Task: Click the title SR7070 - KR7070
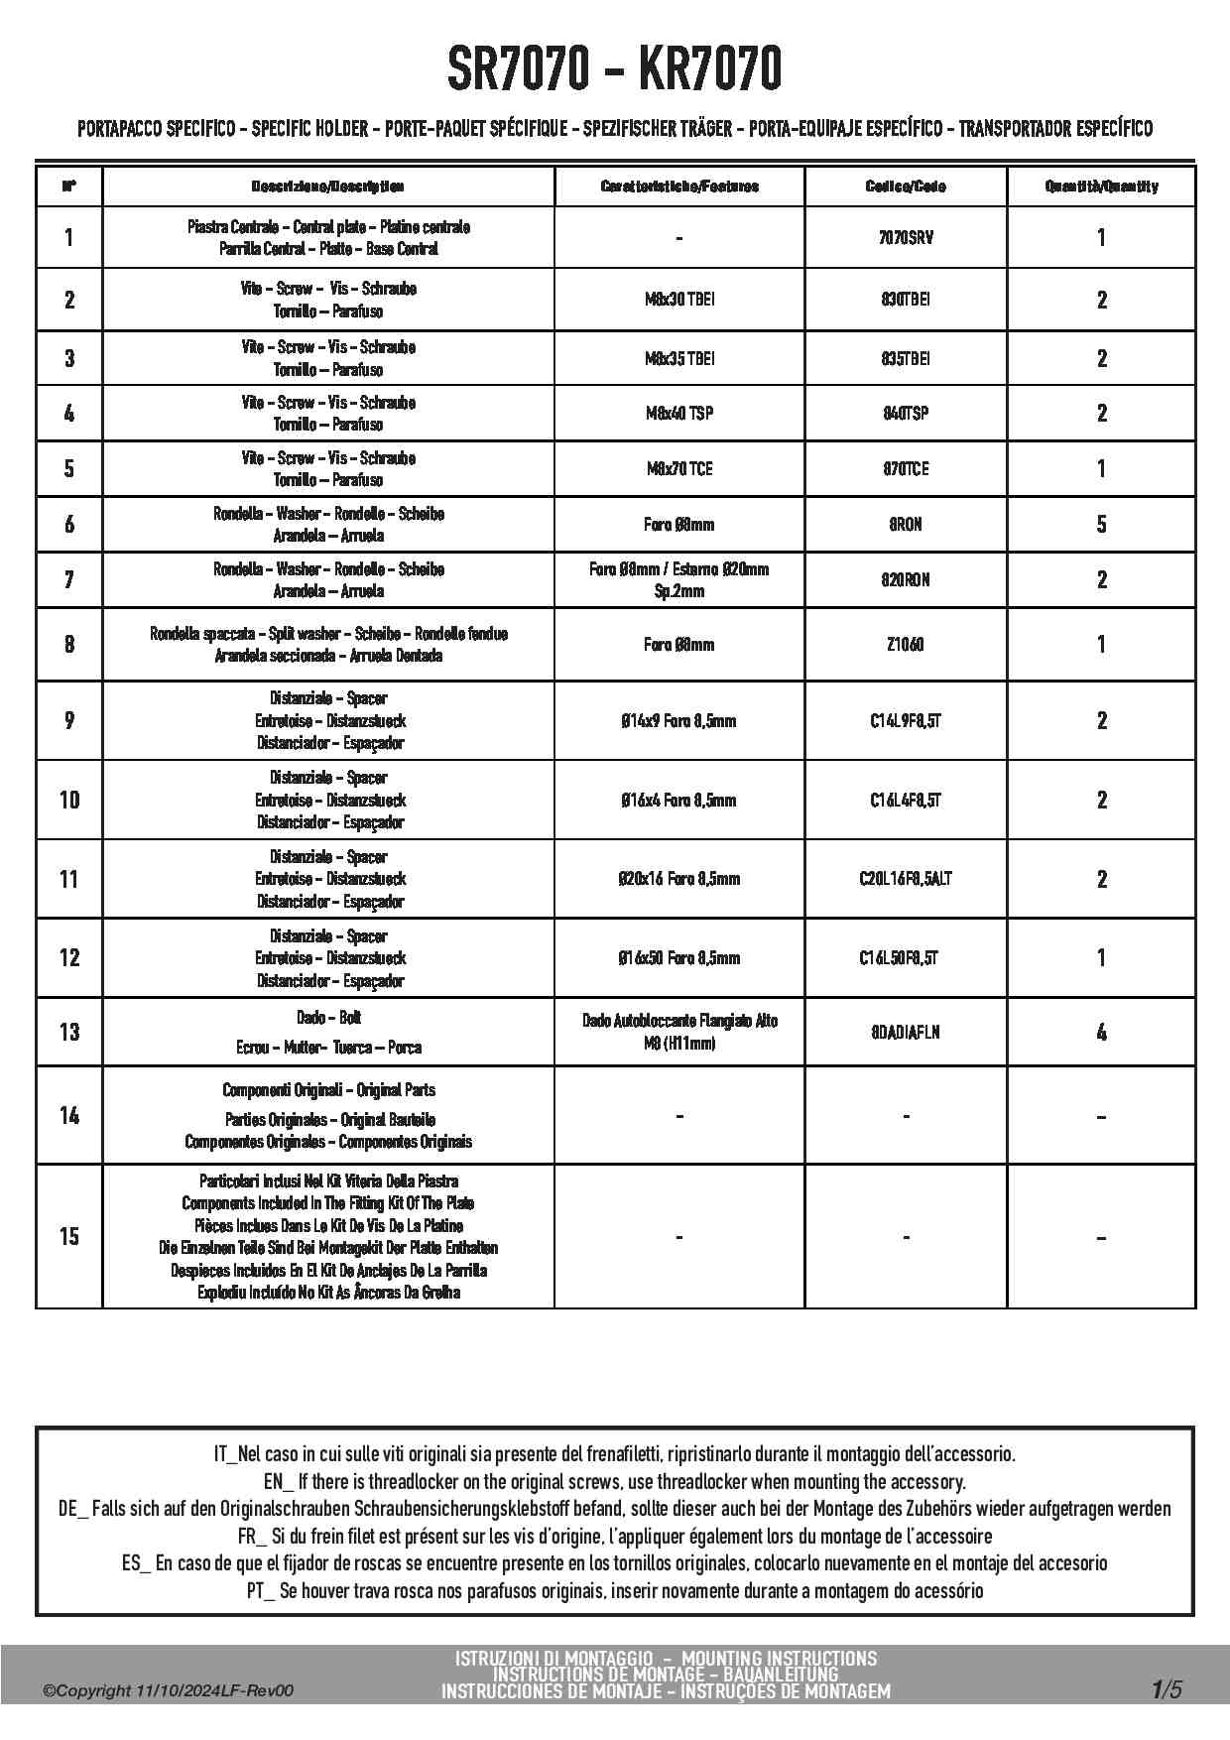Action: coord(614,68)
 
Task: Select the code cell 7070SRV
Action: coord(906,237)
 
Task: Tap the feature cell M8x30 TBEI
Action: coord(679,300)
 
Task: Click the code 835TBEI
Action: coord(906,358)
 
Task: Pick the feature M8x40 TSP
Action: coord(679,413)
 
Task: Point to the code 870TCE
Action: coord(906,468)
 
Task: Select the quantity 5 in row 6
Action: coord(1101,524)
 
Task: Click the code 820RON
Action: coord(906,579)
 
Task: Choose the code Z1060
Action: coord(906,644)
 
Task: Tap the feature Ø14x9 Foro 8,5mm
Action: coord(679,721)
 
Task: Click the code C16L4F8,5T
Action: coord(906,800)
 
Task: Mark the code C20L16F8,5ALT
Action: coord(906,879)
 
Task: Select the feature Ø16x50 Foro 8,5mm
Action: coord(679,958)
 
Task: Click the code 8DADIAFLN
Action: coord(906,1032)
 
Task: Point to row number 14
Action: coord(68,1116)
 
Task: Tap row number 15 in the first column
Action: coord(68,1236)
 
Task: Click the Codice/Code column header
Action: coord(906,186)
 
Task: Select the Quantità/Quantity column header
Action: coord(1101,186)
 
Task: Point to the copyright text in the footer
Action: coord(169,1691)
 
